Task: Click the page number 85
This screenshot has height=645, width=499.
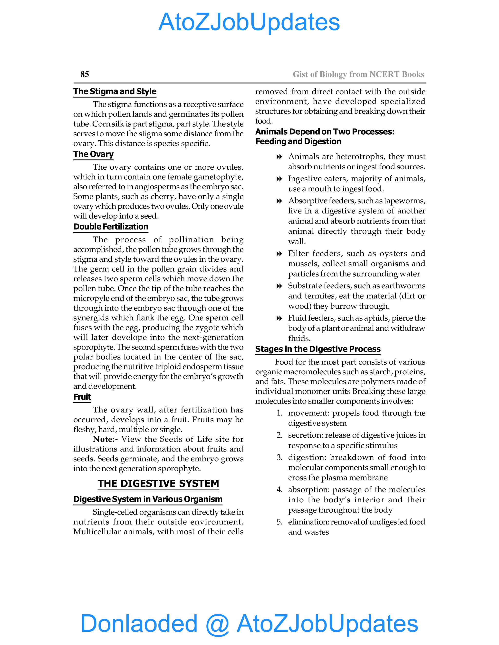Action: (x=85, y=74)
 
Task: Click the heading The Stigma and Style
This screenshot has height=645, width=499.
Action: (x=115, y=91)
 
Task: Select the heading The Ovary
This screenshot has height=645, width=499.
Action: (x=93, y=154)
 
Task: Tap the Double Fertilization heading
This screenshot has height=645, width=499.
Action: (x=111, y=227)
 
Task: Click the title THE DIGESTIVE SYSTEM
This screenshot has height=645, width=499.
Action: (x=158, y=483)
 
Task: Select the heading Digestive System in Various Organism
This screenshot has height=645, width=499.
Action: (x=148, y=499)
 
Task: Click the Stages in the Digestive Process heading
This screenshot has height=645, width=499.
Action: (x=318, y=349)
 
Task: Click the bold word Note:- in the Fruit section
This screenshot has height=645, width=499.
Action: (x=105, y=439)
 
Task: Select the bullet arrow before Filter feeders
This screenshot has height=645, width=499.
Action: (x=279, y=254)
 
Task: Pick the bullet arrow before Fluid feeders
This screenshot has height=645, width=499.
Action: (x=279, y=318)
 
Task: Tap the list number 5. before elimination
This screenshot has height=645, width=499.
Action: (x=280, y=522)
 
